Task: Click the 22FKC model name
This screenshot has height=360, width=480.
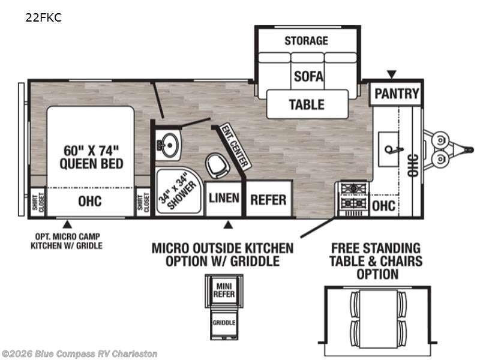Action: click(43, 17)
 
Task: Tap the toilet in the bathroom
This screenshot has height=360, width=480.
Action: click(218, 166)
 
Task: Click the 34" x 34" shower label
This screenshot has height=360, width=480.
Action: click(177, 192)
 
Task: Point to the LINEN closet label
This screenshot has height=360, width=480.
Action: click(224, 198)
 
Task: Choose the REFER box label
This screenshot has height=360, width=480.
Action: click(268, 200)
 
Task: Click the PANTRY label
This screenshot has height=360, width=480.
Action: click(397, 94)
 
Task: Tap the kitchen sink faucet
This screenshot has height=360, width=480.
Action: click(394, 149)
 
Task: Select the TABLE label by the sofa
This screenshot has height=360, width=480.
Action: click(307, 104)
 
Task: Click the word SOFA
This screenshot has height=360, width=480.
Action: click(308, 76)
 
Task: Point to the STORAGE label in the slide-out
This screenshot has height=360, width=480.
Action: click(307, 41)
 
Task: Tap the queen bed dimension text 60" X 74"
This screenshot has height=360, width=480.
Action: click(91, 151)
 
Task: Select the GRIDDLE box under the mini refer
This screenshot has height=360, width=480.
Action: click(224, 322)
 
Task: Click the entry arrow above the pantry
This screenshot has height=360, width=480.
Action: click(392, 74)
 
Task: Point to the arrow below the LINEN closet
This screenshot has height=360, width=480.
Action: click(228, 226)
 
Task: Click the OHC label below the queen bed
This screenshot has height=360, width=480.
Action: click(89, 202)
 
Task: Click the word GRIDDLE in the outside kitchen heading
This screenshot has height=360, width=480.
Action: click(254, 261)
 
